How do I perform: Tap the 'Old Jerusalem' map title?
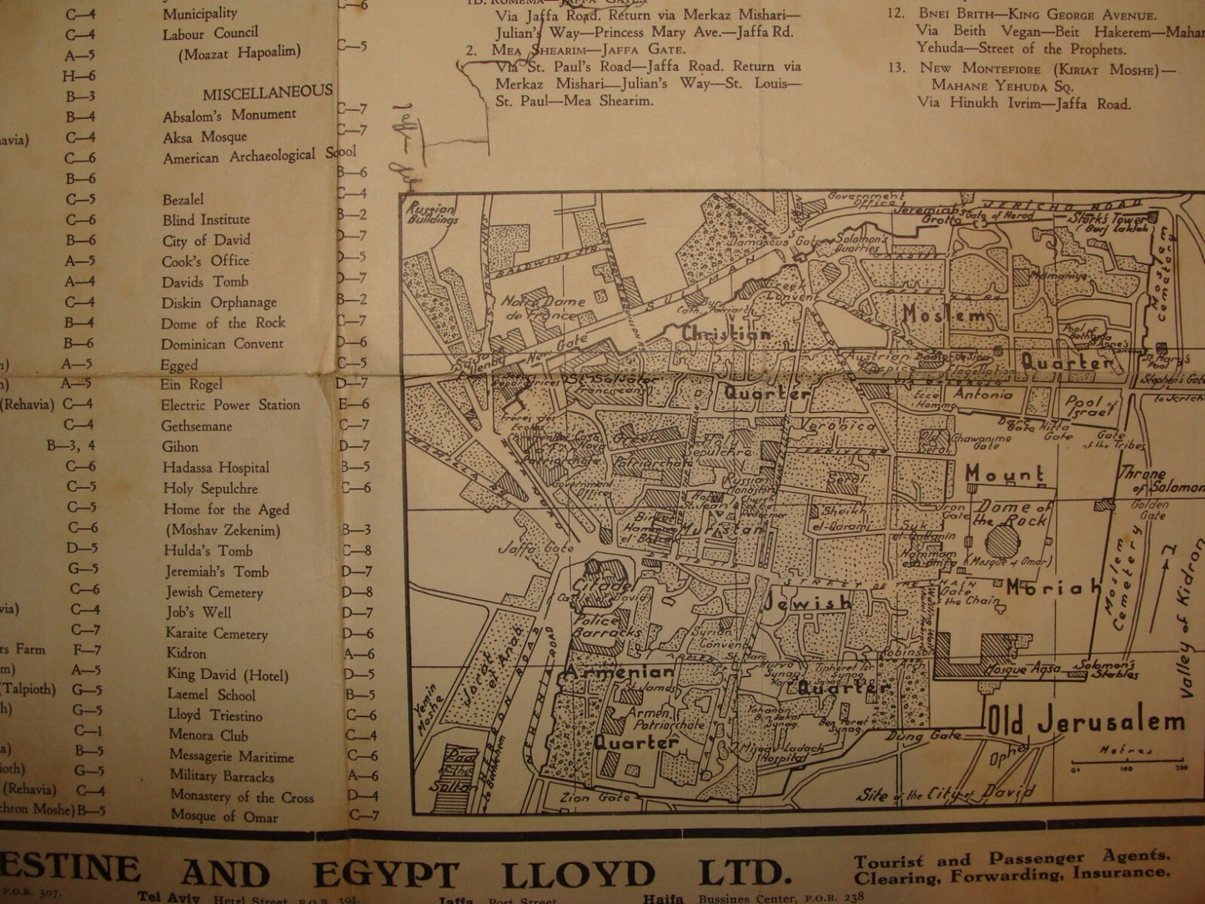point(1087,722)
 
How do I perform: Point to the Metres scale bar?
point(1127,761)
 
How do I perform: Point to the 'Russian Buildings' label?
point(433,214)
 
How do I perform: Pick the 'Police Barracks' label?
point(606,626)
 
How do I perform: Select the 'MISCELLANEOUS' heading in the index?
point(267,93)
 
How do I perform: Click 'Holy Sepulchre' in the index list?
point(210,489)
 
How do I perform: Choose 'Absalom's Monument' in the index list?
point(229,116)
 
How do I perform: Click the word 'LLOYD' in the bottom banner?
point(578,874)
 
